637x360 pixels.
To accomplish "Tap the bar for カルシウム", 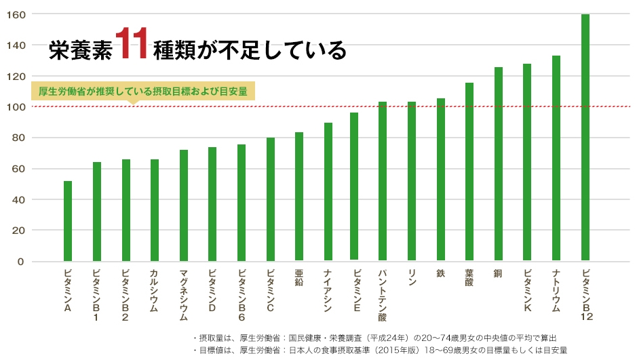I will [x=155, y=210].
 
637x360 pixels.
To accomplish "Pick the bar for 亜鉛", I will [x=299, y=197].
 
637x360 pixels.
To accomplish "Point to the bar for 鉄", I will [x=441, y=180].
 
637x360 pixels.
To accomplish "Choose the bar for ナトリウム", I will [x=556, y=159].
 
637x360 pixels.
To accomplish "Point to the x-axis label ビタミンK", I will [x=527, y=289].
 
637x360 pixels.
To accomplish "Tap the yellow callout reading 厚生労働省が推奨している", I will [x=142, y=92].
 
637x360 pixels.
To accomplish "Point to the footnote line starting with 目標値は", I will [x=380, y=350].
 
